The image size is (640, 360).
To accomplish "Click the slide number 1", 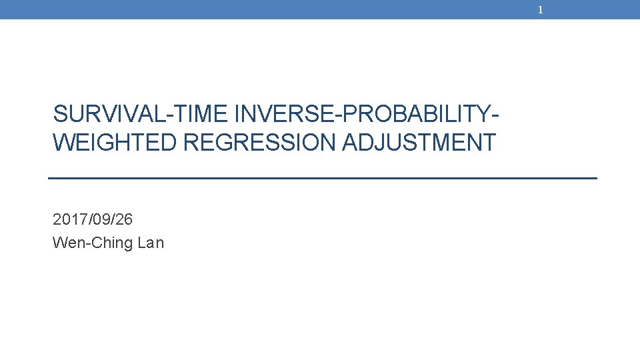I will click(541, 10).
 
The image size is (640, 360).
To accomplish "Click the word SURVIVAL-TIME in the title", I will click(141, 115).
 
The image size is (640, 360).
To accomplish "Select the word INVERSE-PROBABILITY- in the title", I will click(367, 115).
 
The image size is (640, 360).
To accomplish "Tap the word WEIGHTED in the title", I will click(115, 143).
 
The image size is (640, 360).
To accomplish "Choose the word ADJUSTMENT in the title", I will click(419, 143).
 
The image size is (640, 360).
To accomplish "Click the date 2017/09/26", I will click(93, 219).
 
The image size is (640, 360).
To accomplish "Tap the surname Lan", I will click(150, 243).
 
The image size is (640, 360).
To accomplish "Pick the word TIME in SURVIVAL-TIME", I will click(202, 115).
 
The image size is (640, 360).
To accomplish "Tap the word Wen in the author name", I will click(65, 243).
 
